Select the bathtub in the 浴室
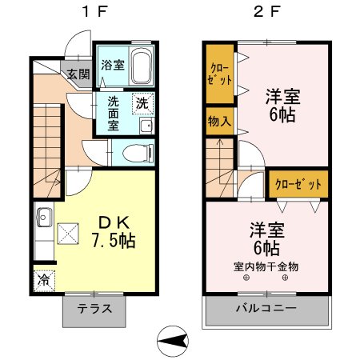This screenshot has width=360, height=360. click(142, 66)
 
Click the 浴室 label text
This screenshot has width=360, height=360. click(113, 65)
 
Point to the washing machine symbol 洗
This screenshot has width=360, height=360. click(142, 103)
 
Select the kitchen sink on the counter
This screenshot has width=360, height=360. click(43, 216)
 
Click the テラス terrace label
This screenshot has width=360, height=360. click(94, 310)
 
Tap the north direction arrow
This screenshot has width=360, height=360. click(174, 342)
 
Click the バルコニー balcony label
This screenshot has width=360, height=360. click(266, 309)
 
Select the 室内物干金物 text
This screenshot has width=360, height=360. click(266, 266)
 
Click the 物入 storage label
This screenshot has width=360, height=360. click(218, 122)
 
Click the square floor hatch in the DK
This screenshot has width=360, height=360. click(69, 234)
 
